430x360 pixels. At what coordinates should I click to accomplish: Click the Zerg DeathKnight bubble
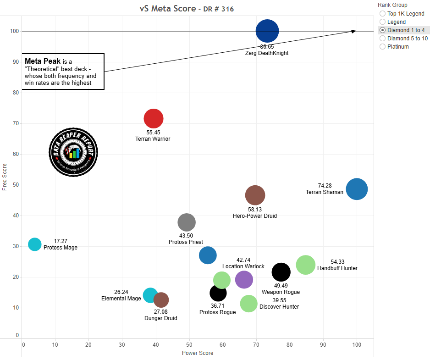267,31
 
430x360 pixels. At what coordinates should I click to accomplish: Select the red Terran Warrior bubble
154,118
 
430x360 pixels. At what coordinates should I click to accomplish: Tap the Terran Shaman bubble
357,189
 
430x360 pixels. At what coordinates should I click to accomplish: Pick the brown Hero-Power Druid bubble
255,195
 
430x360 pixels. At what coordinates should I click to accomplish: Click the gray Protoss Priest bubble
187,222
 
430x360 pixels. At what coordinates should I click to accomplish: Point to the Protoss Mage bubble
35,244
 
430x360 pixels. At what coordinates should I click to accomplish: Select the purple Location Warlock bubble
244,279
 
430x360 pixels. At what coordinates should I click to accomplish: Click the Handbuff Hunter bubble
306,265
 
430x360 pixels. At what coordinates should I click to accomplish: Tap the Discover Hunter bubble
249,303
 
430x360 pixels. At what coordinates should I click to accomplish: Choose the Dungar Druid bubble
161,300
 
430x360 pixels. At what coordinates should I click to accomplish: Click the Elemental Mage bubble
150,295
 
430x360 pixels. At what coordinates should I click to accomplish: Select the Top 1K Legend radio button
383,14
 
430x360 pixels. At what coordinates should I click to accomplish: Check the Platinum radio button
383,47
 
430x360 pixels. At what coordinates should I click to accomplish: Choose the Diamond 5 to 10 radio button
383,39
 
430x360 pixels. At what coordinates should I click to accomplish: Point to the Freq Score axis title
5,177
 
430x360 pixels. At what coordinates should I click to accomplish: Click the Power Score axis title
198,353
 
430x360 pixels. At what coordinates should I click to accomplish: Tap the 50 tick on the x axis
189,344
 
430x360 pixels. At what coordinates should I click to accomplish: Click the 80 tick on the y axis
16,93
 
